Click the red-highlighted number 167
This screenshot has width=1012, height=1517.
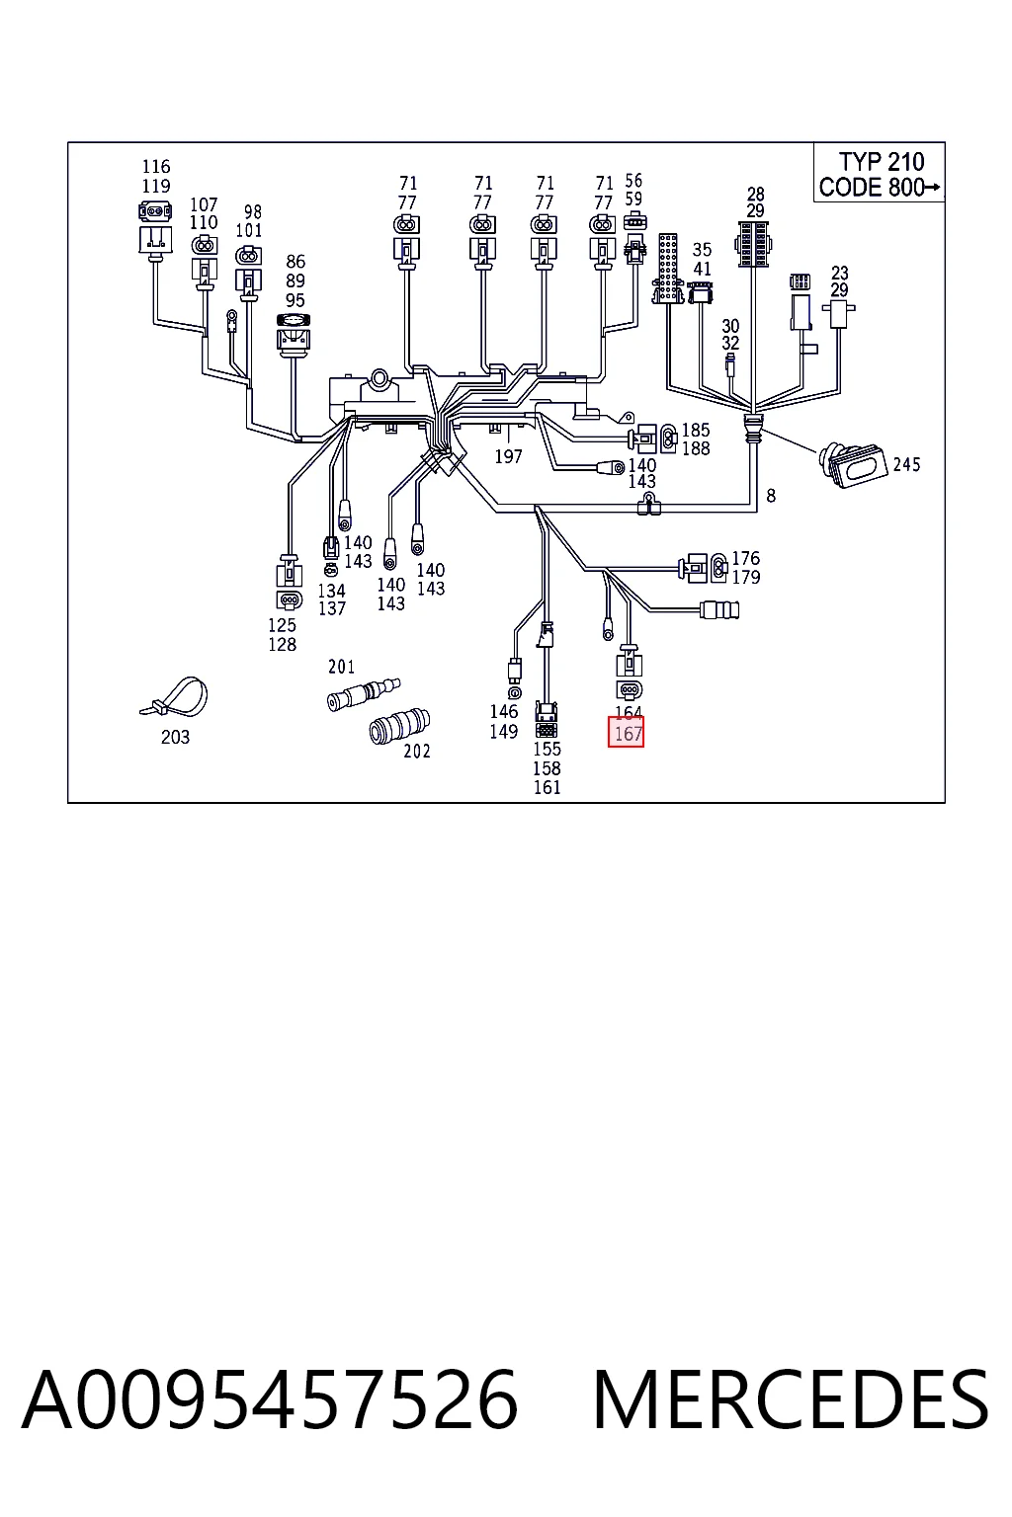click(628, 734)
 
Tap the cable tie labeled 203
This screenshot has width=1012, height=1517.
click(178, 697)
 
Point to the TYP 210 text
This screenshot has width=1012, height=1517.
click(882, 162)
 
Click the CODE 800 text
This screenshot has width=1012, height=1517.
click(872, 188)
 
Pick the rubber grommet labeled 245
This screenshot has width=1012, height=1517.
click(854, 464)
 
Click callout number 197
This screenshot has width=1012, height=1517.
click(508, 457)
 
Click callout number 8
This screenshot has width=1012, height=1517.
click(771, 496)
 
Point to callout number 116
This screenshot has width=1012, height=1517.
click(156, 167)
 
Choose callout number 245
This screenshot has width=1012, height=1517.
click(907, 464)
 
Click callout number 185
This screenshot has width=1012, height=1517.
click(696, 430)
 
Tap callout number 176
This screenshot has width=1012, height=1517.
click(745, 558)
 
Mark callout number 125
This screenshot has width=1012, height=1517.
click(282, 625)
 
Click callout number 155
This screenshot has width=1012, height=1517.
click(547, 749)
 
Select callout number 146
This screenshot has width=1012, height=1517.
click(504, 711)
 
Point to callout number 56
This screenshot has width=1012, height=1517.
click(633, 181)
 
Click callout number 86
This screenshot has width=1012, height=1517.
click(295, 262)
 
